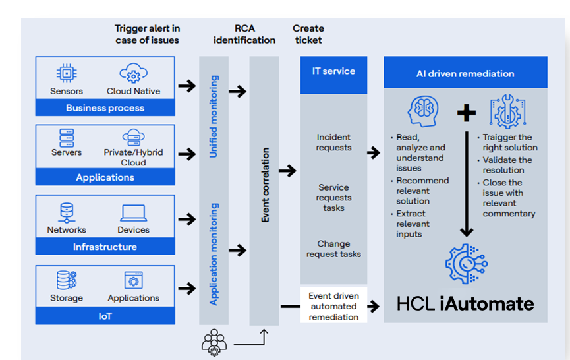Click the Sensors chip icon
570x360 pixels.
(x=67, y=73)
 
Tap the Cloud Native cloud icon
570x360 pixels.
(x=133, y=73)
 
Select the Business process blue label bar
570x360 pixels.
(x=105, y=108)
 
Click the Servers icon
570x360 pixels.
(x=67, y=137)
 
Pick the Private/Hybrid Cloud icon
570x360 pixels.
(x=133, y=137)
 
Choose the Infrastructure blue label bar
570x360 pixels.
(x=105, y=247)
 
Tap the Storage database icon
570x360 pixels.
(x=67, y=281)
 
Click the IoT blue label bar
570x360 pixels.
(x=105, y=316)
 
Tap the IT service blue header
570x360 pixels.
(x=333, y=71)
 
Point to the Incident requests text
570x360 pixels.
(x=333, y=142)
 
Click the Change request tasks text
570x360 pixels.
(x=333, y=249)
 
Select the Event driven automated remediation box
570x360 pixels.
(x=333, y=307)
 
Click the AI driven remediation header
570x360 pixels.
(x=465, y=73)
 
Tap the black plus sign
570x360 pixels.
(x=466, y=113)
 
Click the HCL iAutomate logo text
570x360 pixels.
(x=465, y=303)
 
